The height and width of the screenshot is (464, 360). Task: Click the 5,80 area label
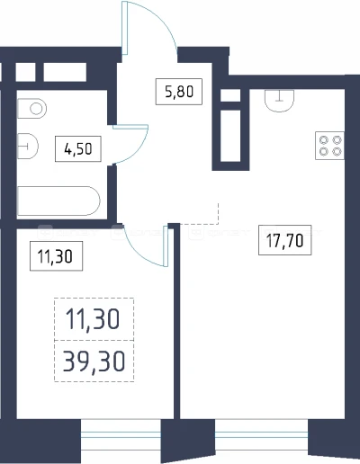click(x=179, y=92)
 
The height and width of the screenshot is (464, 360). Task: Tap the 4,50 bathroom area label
click(x=78, y=148)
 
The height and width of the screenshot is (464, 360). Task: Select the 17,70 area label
click(x=284, y=240)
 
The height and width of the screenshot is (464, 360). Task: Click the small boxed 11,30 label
click(x=56, y=256)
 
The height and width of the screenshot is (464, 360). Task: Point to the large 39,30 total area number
click(x=94, y=361)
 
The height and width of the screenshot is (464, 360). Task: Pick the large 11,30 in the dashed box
click(x=93, y=319)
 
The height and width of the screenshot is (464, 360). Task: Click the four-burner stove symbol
click(x=329, y=146)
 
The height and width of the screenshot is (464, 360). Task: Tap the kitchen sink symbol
click(x=279, y=101)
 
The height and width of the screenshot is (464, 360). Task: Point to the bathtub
click(x=58, y=201)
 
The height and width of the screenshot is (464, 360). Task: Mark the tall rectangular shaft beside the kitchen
click(x=230, y=136)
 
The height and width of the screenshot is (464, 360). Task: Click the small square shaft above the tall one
click(x=230, y=95)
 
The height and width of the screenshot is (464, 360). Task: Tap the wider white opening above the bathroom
click(x=65, y=72)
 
